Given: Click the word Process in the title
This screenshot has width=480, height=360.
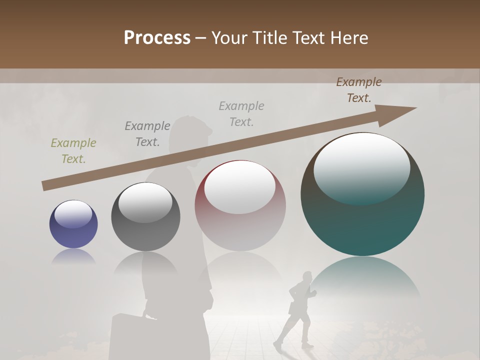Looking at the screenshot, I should [157, 38].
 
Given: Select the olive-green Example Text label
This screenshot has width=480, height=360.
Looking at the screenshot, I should [73, 151].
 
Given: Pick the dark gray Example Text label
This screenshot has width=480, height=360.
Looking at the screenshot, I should [147, 134].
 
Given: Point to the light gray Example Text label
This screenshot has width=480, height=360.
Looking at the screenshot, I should [241, 113].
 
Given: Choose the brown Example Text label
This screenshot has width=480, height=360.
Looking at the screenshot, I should [359, 90].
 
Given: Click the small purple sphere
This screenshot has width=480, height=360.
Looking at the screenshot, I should [73, 225].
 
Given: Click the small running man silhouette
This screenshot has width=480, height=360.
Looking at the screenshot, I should [298, 310].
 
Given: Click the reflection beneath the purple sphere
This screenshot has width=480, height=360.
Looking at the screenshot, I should [73, 257].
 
